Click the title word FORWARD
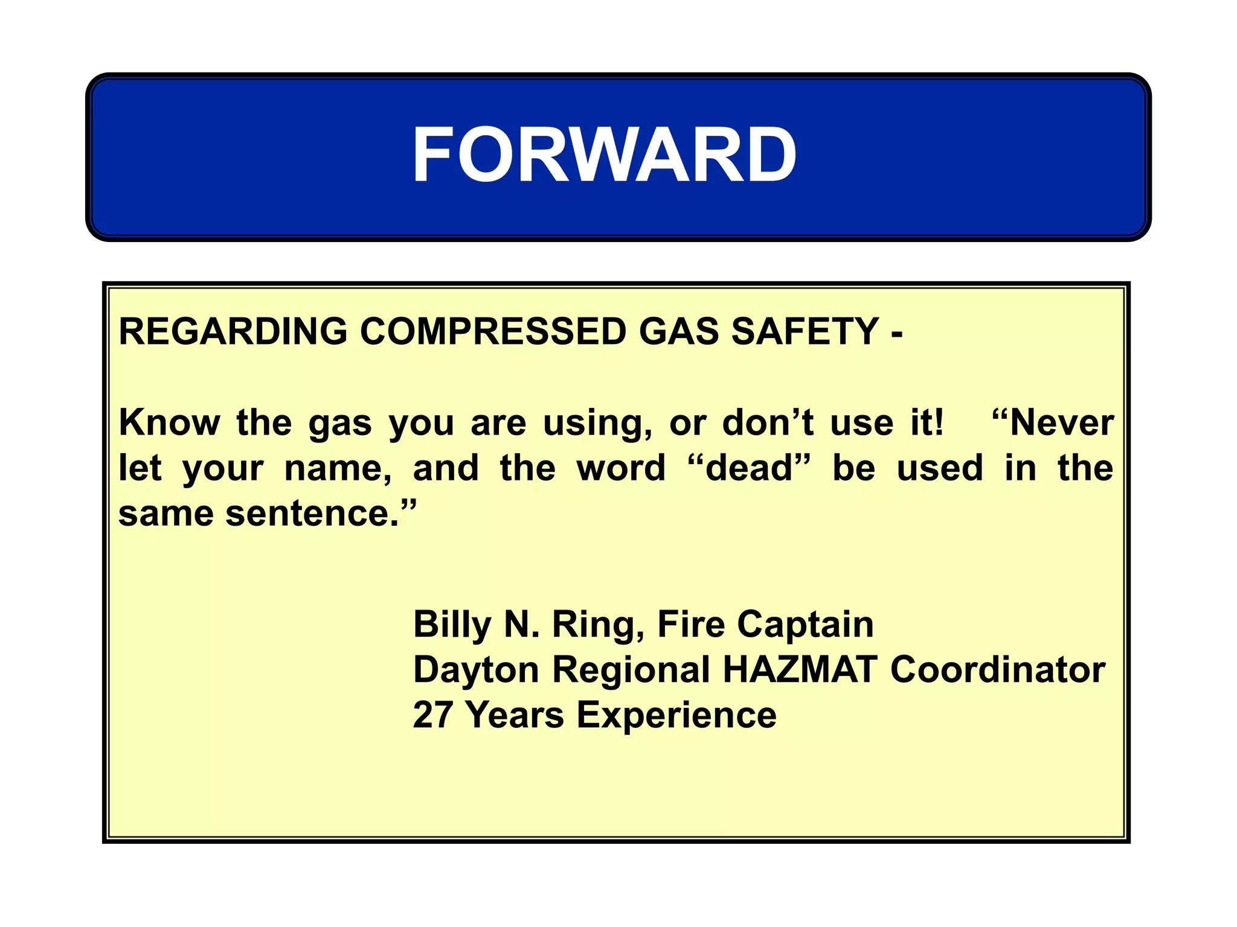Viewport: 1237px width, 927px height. [x=604, y=155]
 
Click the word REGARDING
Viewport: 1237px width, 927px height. [x=233, y=331]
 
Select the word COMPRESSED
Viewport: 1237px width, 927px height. [x=493, y=331]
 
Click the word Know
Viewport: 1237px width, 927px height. [x=170, y=422]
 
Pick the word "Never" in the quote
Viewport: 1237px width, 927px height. [x=1053, y=422]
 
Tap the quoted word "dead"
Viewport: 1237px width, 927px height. [x=749, y=468]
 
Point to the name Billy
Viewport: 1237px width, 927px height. [x=452, y=624]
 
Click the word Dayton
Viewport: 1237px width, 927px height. [x=476, y=670]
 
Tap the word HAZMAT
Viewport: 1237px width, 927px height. [x=800, y=669]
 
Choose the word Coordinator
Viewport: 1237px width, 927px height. [x=998, y=669]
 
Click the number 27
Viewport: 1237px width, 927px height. [x=432, y=715]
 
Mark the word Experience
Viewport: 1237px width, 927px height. [x=676, y=716]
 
